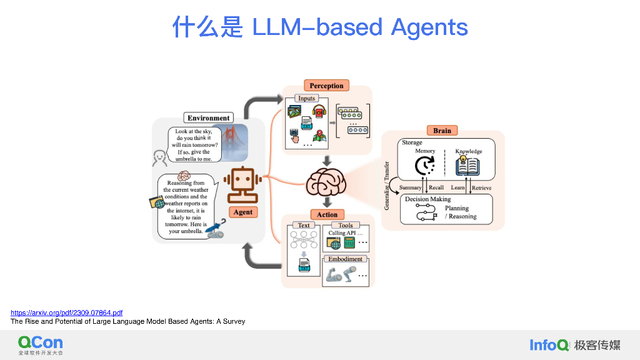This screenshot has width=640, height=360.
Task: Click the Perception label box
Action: point(326,86)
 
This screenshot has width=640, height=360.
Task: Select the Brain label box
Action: point(442,131)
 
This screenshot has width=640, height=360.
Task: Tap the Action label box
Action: point(327,214)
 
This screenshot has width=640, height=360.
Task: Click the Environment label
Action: point(209,117)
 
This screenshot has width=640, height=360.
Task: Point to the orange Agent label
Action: point(242,212)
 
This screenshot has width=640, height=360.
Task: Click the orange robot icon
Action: point(242,181)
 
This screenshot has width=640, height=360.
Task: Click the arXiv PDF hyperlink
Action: point(66,312)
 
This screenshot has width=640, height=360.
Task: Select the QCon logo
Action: point(41,344)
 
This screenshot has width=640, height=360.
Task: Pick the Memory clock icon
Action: point(425,166)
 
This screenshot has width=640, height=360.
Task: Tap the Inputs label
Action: point(307,98)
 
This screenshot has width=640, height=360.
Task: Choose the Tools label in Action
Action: point(346,225)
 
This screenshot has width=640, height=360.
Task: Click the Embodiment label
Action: point(346,259)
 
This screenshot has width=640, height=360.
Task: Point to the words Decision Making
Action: point(428,199)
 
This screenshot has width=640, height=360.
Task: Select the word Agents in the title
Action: point(429,27)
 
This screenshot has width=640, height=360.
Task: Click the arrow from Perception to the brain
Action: point(326,161)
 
